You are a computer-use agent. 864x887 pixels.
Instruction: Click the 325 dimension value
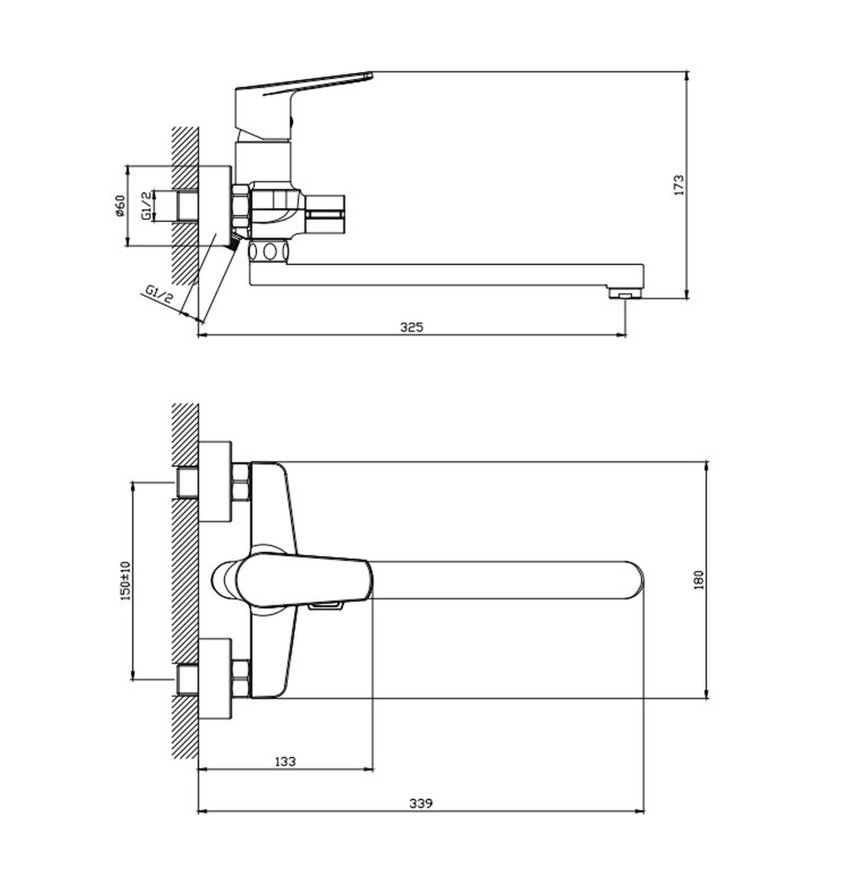pyautogui.click(x=411, y=327)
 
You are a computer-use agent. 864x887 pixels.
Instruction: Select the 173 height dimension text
pyautogui.click(x=679, y=185)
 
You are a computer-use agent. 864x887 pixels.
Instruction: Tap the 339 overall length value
pyautogui.click(x=421, y=803)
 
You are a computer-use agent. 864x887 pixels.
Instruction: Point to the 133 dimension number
pyautogui.click(x=285, y=762)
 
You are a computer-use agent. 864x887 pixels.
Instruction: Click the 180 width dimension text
pyautogui.click(x=699, y=580)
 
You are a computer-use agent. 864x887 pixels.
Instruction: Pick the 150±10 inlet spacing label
pyautogui.click(x=126, y=580)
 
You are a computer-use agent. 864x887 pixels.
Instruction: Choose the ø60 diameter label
pyautogui.click(x=120, y=206)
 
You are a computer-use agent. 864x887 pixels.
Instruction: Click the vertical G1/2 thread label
pyautogui.click(x=146, y=206)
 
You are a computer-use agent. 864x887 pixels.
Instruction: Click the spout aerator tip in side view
pyautogui.click(x=625, y=293)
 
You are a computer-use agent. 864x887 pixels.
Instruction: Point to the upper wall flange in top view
pyautogui.click(x=215, y=482)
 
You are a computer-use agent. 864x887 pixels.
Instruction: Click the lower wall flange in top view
pyautogui.click(x=215, y=679)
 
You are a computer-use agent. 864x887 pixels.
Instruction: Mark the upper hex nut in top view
pyautogui.click(x=241, y=482)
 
